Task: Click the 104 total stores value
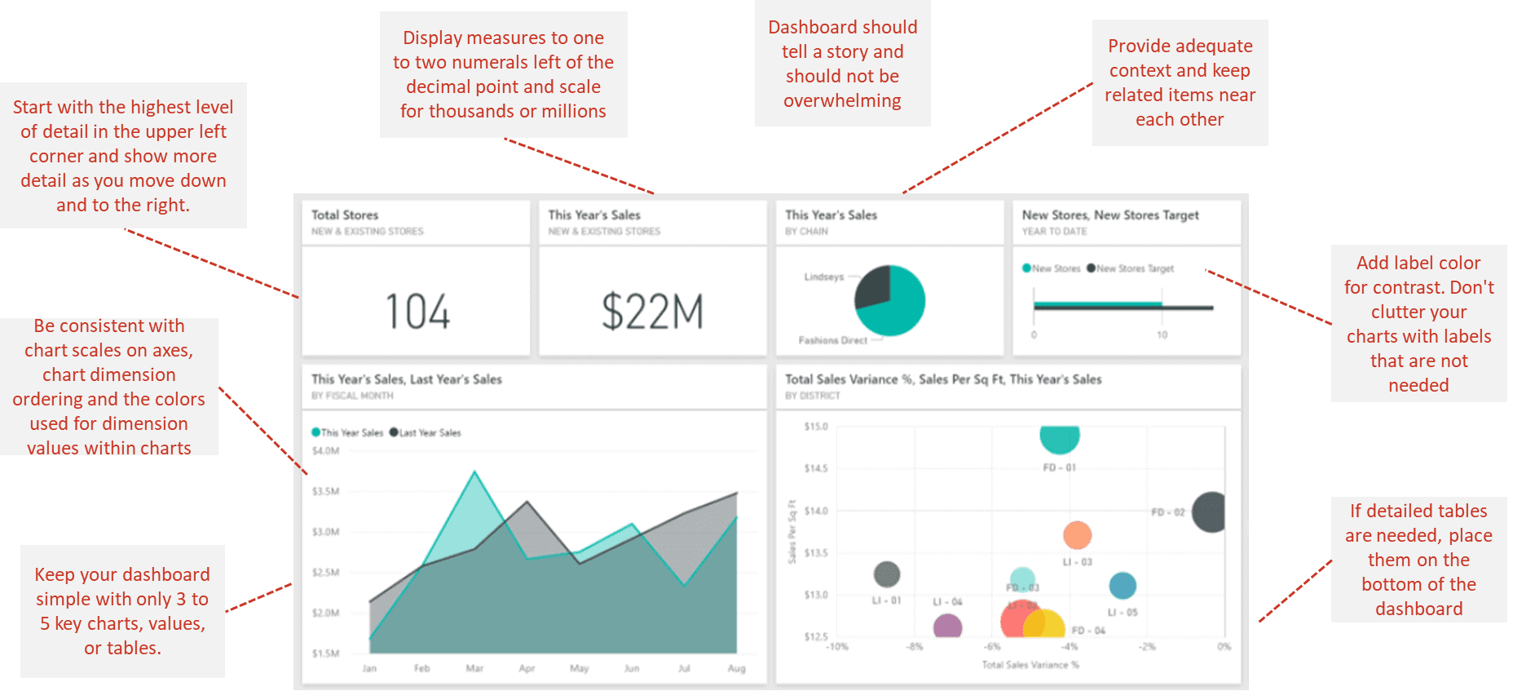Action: pos(417,312)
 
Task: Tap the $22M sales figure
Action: pos(652,312)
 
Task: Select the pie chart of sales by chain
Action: pos(889,300)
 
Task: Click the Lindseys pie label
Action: pos(823,277)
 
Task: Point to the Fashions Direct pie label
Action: pos(832,340)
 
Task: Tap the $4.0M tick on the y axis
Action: pos(325,450)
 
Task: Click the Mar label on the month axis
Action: pos(474,668)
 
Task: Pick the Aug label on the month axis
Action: pos(736,668)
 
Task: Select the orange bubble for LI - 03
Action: pos(1077,535)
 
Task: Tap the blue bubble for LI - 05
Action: pos(1123,585)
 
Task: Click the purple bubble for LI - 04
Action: pos(947,627)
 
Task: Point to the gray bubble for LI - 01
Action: pos(887,574)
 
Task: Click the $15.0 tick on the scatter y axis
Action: pos(815,427)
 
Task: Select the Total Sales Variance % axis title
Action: pos(1030,665)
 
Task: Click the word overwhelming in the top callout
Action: pos(842,101)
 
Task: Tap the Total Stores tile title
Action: pos(345,215)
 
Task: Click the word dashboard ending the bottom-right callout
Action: pos(1418,609)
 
